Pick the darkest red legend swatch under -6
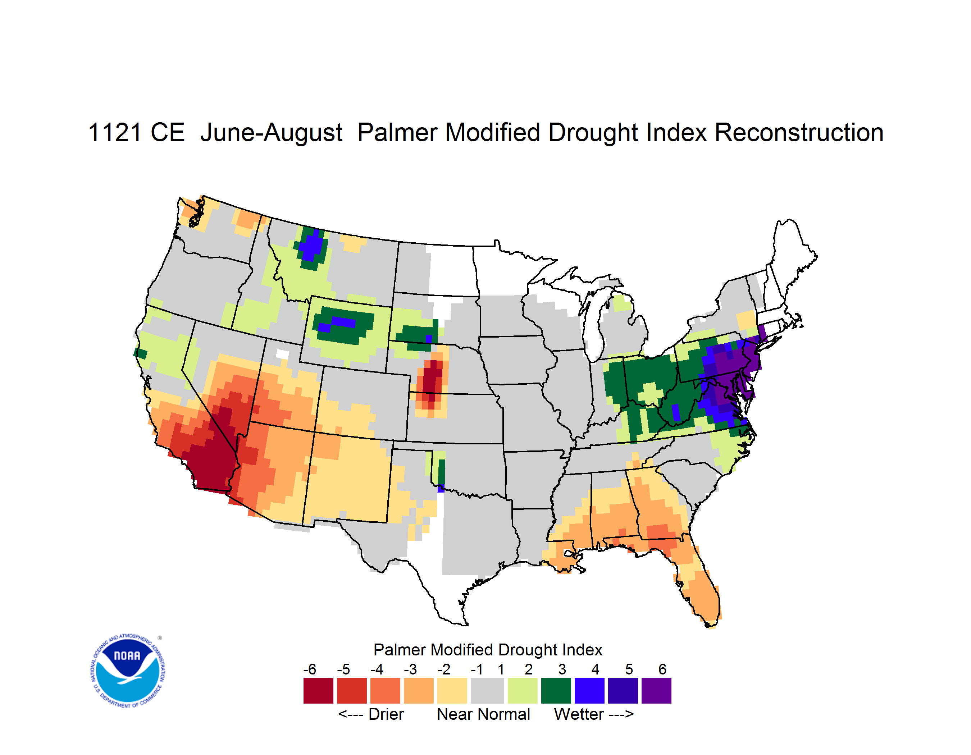(x=318, y=691)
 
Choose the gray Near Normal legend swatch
(x=487, y=691)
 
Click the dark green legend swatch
(x=556, y=691)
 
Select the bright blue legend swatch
(x=589, y=691)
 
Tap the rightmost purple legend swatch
(x=656, y=691)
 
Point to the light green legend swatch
(x=523, y=691)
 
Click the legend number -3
(x=410, y=669)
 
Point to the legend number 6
(x=662, y=669)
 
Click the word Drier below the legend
(x=386, y=714)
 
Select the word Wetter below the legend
(x=579, y=714)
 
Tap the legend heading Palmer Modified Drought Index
(x=488, y=650)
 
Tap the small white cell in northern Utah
(x=282, y=354)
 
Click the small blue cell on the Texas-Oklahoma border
(x=441, y=489)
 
